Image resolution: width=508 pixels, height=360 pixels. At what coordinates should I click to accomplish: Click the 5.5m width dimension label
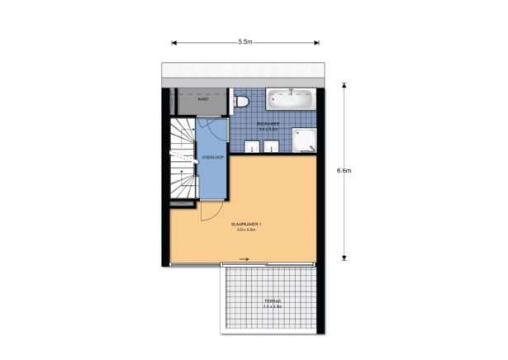(x=245, y=41)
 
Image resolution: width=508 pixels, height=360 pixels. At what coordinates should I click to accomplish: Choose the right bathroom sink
(x=272, y=148)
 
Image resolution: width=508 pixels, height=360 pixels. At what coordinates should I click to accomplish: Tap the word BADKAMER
(x=268, y=125)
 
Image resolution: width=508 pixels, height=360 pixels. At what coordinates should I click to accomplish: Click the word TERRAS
(x=272, y=301)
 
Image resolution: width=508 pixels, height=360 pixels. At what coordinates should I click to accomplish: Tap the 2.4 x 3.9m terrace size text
(x=272, y=306)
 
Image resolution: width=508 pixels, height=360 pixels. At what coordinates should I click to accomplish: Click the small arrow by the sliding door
(x=245, y=258)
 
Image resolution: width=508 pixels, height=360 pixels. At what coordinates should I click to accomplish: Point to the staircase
(x=182, y=161)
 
